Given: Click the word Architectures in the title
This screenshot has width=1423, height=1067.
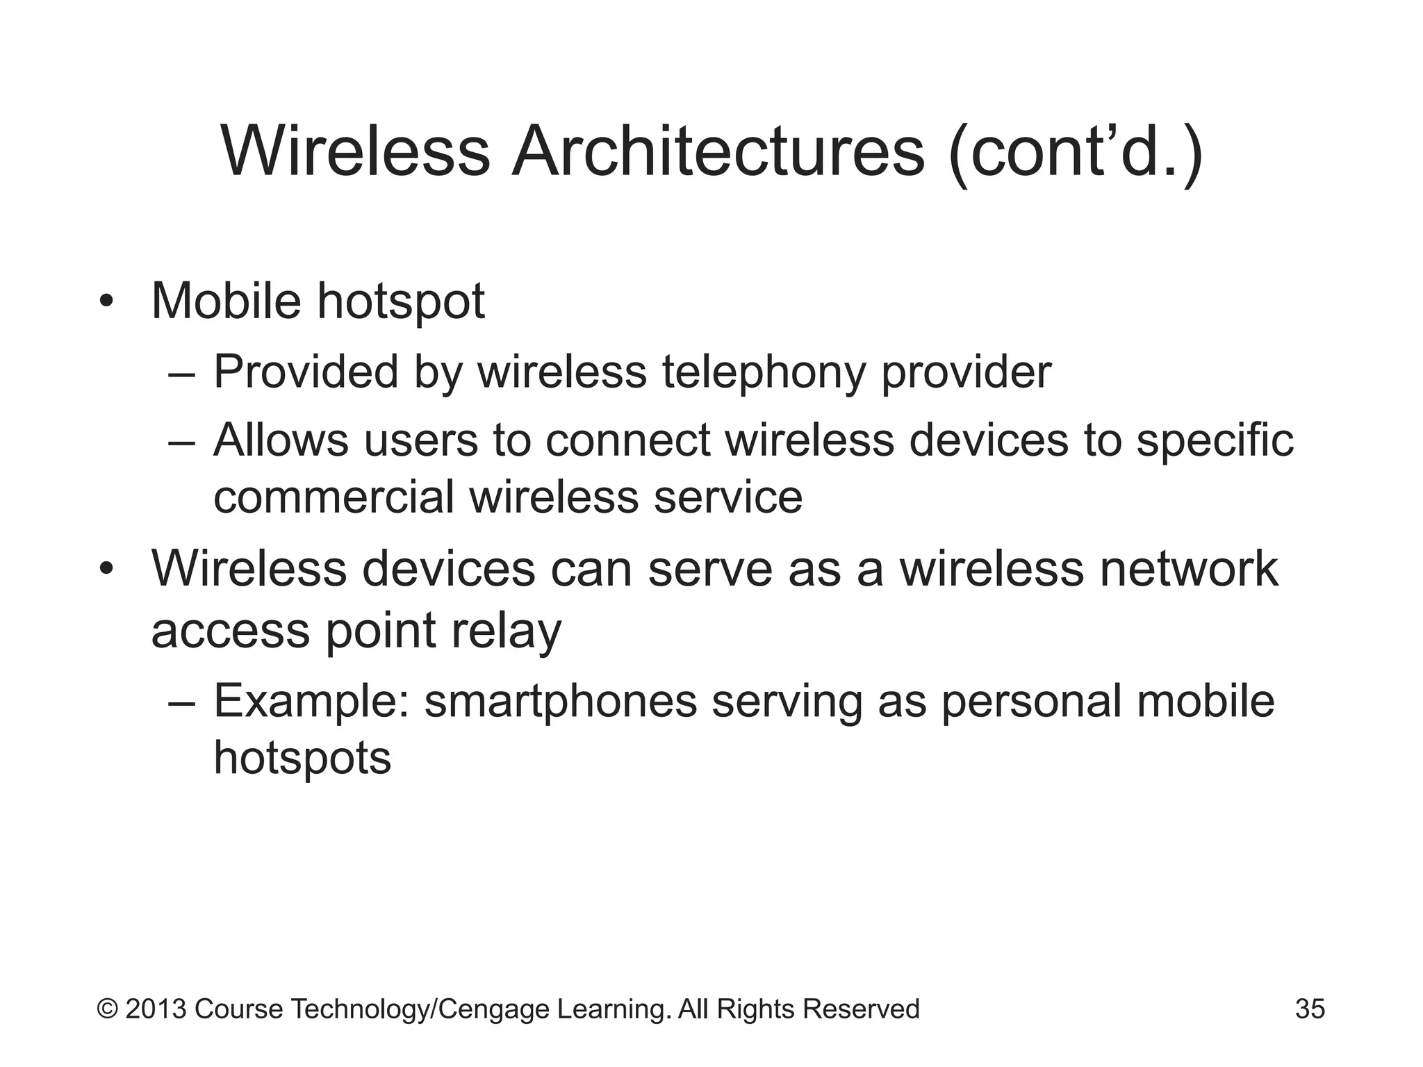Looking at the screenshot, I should (x=718, y=152).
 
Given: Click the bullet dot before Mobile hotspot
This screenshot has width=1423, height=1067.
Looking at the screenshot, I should (x=106, y=302).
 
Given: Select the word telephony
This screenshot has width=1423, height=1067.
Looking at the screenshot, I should (x=764, y=372).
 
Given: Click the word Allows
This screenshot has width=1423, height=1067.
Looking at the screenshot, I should (x=281, y=440).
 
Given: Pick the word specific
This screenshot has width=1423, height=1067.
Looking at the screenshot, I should (x=1215, y=442).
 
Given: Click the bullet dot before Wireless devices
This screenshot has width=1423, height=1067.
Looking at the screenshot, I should (x=106, y=570).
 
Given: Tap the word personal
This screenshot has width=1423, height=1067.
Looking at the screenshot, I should (x=1031, y=702).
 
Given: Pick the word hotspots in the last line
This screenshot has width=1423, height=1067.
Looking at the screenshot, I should (x=302, y=757).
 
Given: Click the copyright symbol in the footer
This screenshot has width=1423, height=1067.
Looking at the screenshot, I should (x=108, y=1009).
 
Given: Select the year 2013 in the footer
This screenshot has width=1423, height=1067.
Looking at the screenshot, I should (x=156, y=1009).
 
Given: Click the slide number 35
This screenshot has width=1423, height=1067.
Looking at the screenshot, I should (x=1310, y=1009).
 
